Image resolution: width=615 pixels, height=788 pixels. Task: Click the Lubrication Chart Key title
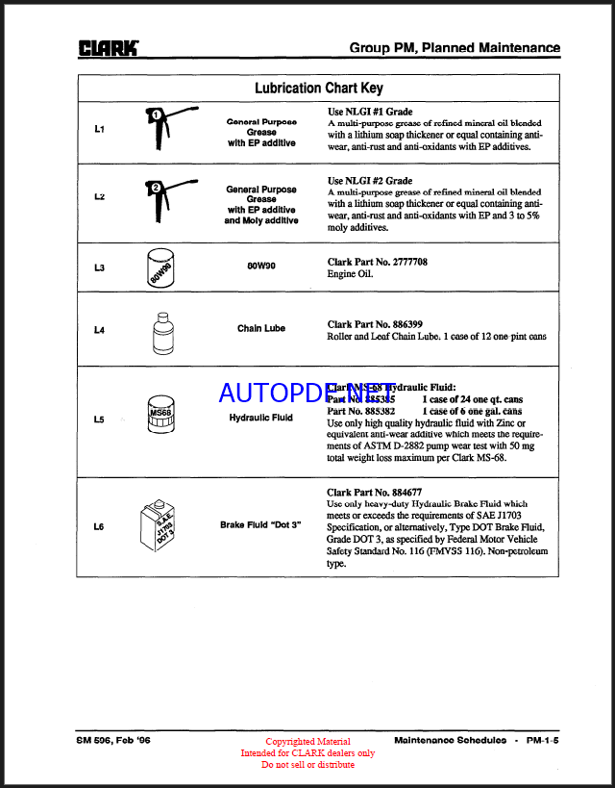click(x=318, y=89)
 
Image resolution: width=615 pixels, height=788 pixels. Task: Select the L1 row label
click(x=99, y=129)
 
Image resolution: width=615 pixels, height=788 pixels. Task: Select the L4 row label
click(x=99, y=330)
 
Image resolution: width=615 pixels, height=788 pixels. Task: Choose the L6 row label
click(x=99, y=526)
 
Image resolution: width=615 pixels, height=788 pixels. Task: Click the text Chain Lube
click(x=261, y=329)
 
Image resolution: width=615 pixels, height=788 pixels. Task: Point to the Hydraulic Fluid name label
click(x=261, y=419)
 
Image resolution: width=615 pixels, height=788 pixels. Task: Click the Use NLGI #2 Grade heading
click(x=370, y=180)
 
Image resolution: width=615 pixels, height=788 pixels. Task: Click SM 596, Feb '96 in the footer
click(x=113, y=740)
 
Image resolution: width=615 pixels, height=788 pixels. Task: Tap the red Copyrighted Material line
click(x=307, y=742)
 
